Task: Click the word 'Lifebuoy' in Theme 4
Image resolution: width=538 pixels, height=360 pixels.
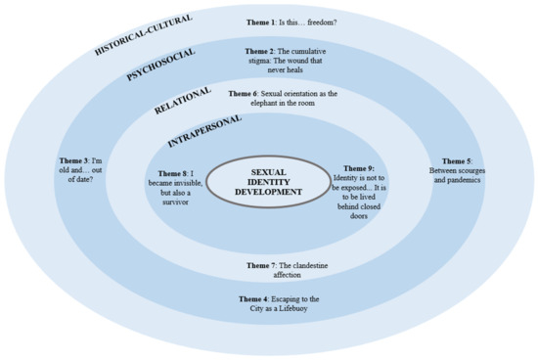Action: tap(303, 311)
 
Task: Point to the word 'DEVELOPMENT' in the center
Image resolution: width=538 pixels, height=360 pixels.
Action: tap(268, 192)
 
